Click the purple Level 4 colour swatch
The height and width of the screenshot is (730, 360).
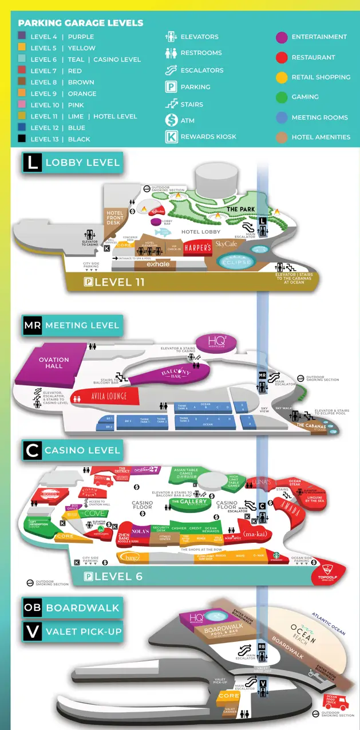pos(22,37)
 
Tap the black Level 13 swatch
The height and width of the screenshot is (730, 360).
pos(22,139)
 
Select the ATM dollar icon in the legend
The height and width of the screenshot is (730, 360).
pos(171,120)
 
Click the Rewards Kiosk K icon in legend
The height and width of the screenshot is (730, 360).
pos(171,137)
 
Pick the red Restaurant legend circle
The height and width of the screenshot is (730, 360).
pos(282,57)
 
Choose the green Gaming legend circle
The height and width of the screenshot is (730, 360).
pos(282,97)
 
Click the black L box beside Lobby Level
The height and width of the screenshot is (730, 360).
pos(32,162)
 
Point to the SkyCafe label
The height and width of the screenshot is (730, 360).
pos(226,244)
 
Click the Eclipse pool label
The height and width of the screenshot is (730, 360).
pos(236,262)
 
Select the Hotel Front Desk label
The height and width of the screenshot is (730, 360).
pos(115,218)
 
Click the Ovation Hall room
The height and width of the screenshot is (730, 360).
pos(54,363)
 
